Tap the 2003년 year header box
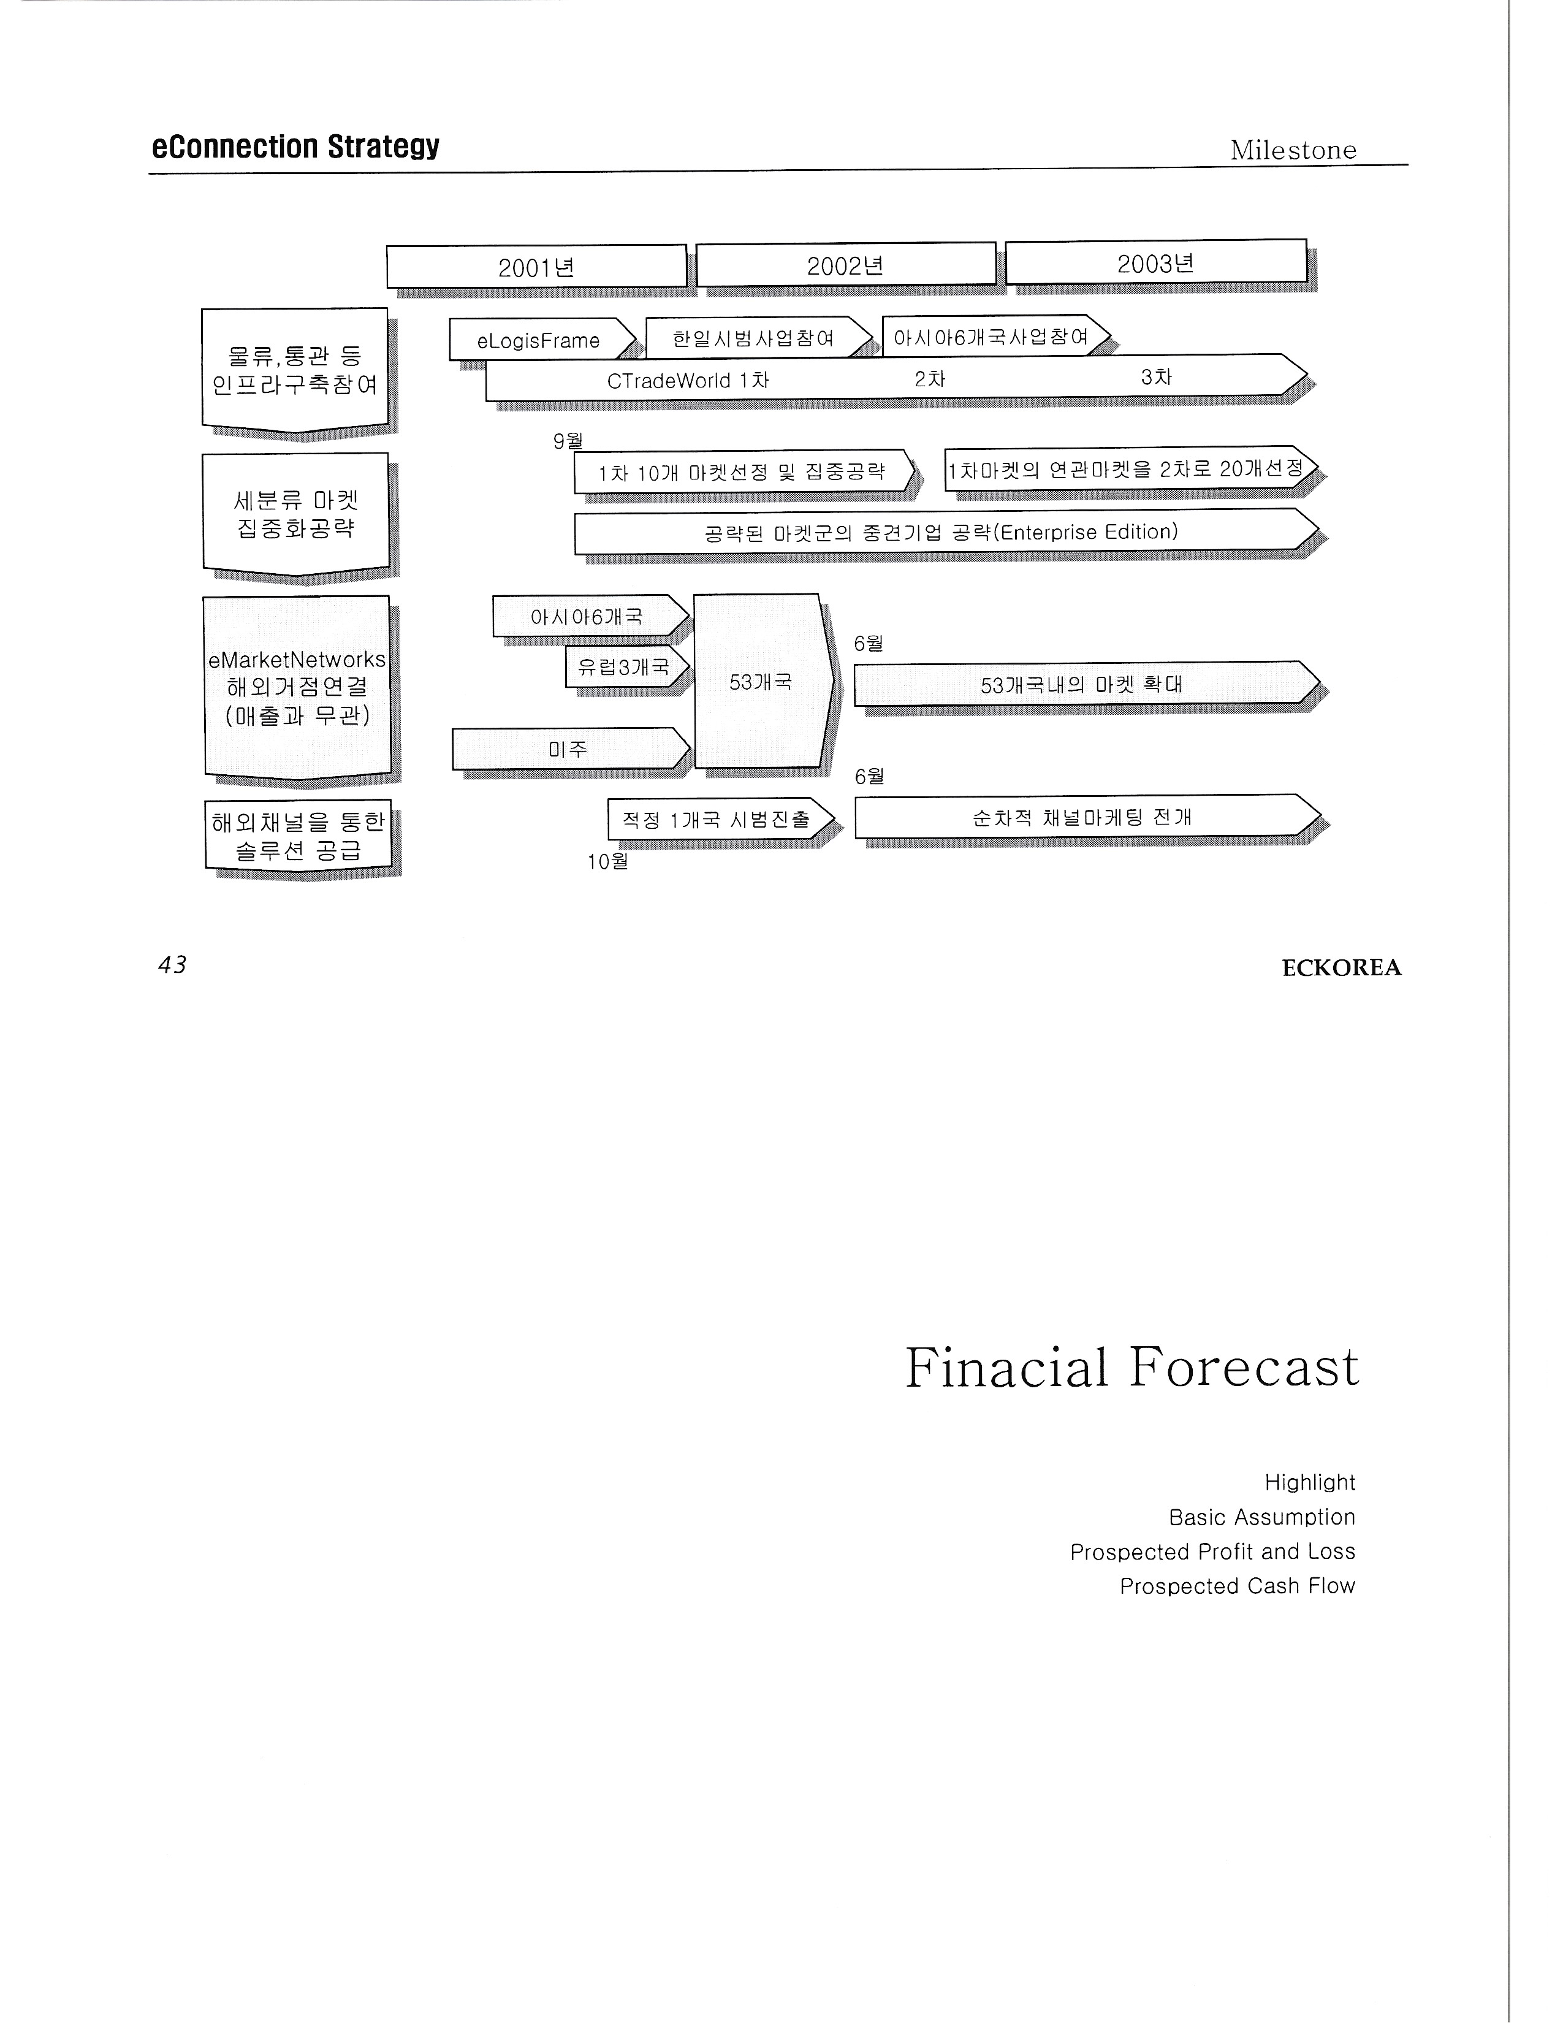pos(1155,263)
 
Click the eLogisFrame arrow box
pos(539,340)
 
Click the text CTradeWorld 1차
pos(687,380)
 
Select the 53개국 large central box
pos(760,682)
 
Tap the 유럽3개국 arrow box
pos(624,667)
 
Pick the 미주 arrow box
pos(568,749)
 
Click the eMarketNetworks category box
pos(296,687)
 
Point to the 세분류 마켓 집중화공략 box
pos(295,514)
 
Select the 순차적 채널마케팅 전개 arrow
pos(1081,817)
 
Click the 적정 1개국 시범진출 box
pos(717,820)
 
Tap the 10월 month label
pos(607,861)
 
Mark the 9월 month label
pos(568,441)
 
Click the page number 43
pos(172,964)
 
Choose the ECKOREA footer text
pos(1341,968)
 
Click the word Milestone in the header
pos(1293,150)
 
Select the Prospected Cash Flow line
pos(1237,1586)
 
